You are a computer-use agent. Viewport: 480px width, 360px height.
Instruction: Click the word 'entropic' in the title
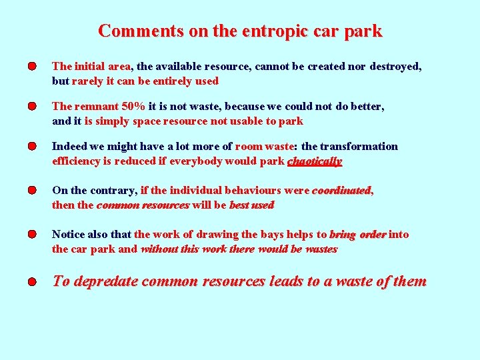pos(254,31)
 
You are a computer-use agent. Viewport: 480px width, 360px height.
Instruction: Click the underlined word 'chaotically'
pos(314,161)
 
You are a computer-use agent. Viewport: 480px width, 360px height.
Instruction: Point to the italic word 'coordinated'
pos(341,191)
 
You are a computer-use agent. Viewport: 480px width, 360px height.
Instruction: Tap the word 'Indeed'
pos(69,147)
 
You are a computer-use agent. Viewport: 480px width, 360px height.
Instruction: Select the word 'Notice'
pos(69,235)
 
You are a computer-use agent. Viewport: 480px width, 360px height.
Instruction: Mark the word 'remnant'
pos(95,107)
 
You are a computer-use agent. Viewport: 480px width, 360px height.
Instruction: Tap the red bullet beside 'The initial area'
pos(32,67)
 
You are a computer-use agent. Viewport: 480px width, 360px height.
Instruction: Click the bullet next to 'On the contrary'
pos(32,191)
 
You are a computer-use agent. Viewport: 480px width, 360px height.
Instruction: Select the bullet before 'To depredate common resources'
pos(32,282)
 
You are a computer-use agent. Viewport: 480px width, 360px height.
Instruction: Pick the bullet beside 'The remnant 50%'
pos(32,107)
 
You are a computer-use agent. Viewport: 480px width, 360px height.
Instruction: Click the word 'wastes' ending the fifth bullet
pos(321,249)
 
